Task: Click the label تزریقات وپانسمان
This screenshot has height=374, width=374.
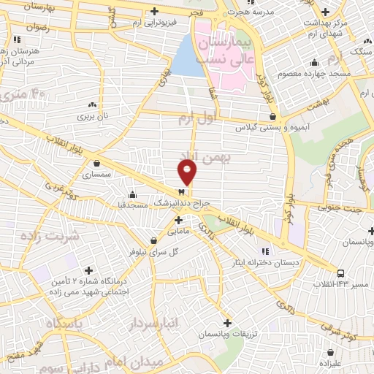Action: [226, 334]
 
